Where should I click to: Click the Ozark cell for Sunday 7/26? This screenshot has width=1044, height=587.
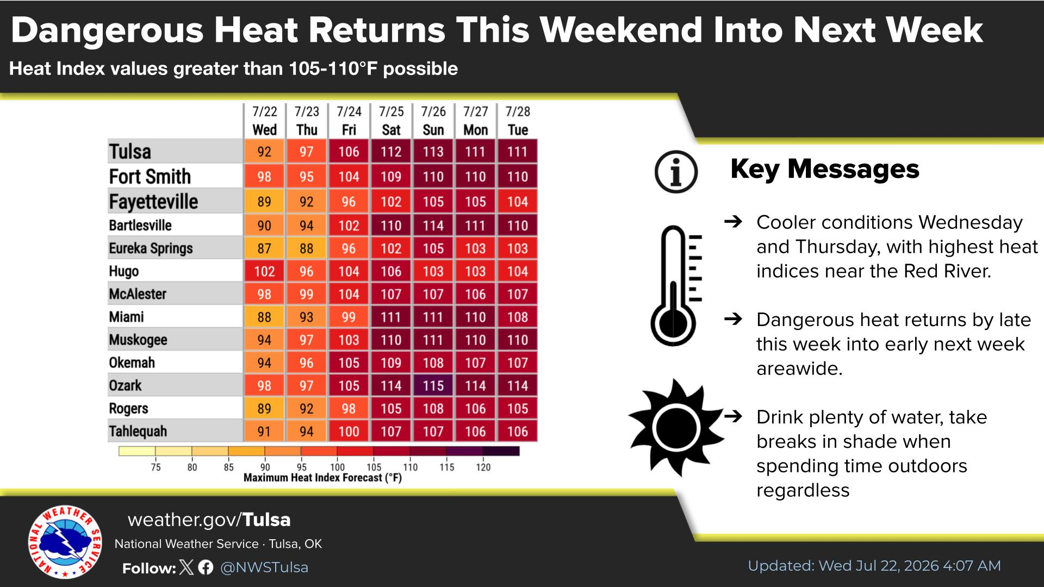[433, 385]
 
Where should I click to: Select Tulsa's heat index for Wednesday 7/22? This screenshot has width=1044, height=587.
[264, 152]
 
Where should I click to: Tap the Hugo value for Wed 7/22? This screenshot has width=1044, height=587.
[264, 271]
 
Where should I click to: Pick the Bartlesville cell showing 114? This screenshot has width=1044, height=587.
[433, 226]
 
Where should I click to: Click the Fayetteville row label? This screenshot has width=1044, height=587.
[153, 202]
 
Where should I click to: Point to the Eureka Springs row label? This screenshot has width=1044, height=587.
[151, 248]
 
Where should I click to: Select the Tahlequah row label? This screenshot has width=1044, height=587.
[138, 431]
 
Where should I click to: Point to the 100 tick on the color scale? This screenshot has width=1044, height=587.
[337, 467]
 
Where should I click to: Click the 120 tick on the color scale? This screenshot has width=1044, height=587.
[483, 467]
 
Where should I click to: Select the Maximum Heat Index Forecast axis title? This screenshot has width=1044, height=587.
[322, 478]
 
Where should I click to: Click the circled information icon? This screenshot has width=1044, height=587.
[676, 172]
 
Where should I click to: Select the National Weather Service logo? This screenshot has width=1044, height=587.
[65, 542]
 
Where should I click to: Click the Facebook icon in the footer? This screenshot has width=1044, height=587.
[206, 567]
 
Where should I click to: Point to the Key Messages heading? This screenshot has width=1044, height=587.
[825, 168]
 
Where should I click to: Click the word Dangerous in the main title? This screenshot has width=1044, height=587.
[107, 30]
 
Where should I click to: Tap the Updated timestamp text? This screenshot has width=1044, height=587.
[874, 566]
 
